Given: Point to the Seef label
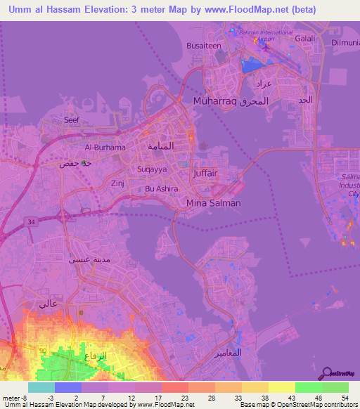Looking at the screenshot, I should pos(72,120).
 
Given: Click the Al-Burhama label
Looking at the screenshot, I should pos(105,148).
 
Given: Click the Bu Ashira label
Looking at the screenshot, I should pos(162,189).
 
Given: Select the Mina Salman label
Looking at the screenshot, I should pos(214,203).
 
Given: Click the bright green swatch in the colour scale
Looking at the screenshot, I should pos(308,387).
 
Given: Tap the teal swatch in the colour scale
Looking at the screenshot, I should pos(41,387).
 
